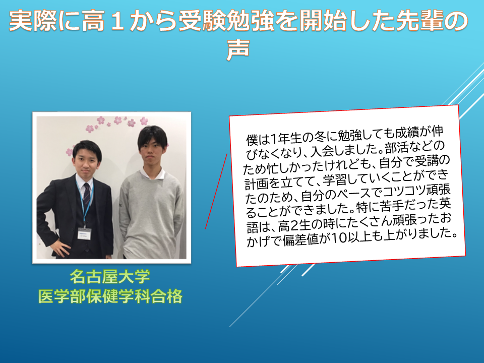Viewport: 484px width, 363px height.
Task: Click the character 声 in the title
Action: point(237,49)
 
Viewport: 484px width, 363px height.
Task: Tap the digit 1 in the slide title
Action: point(116,21)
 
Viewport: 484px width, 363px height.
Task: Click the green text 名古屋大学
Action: point(110,276)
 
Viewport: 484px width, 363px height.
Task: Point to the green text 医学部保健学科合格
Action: point(110,296)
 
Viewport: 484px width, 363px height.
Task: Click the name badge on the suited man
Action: point(84,233)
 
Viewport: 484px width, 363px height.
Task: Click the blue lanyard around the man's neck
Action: point(84,201)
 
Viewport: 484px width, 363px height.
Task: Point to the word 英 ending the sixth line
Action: point(445,203)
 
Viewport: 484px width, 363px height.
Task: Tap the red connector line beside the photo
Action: point(216,192)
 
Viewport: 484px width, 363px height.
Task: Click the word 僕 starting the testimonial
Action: point(252,140)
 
